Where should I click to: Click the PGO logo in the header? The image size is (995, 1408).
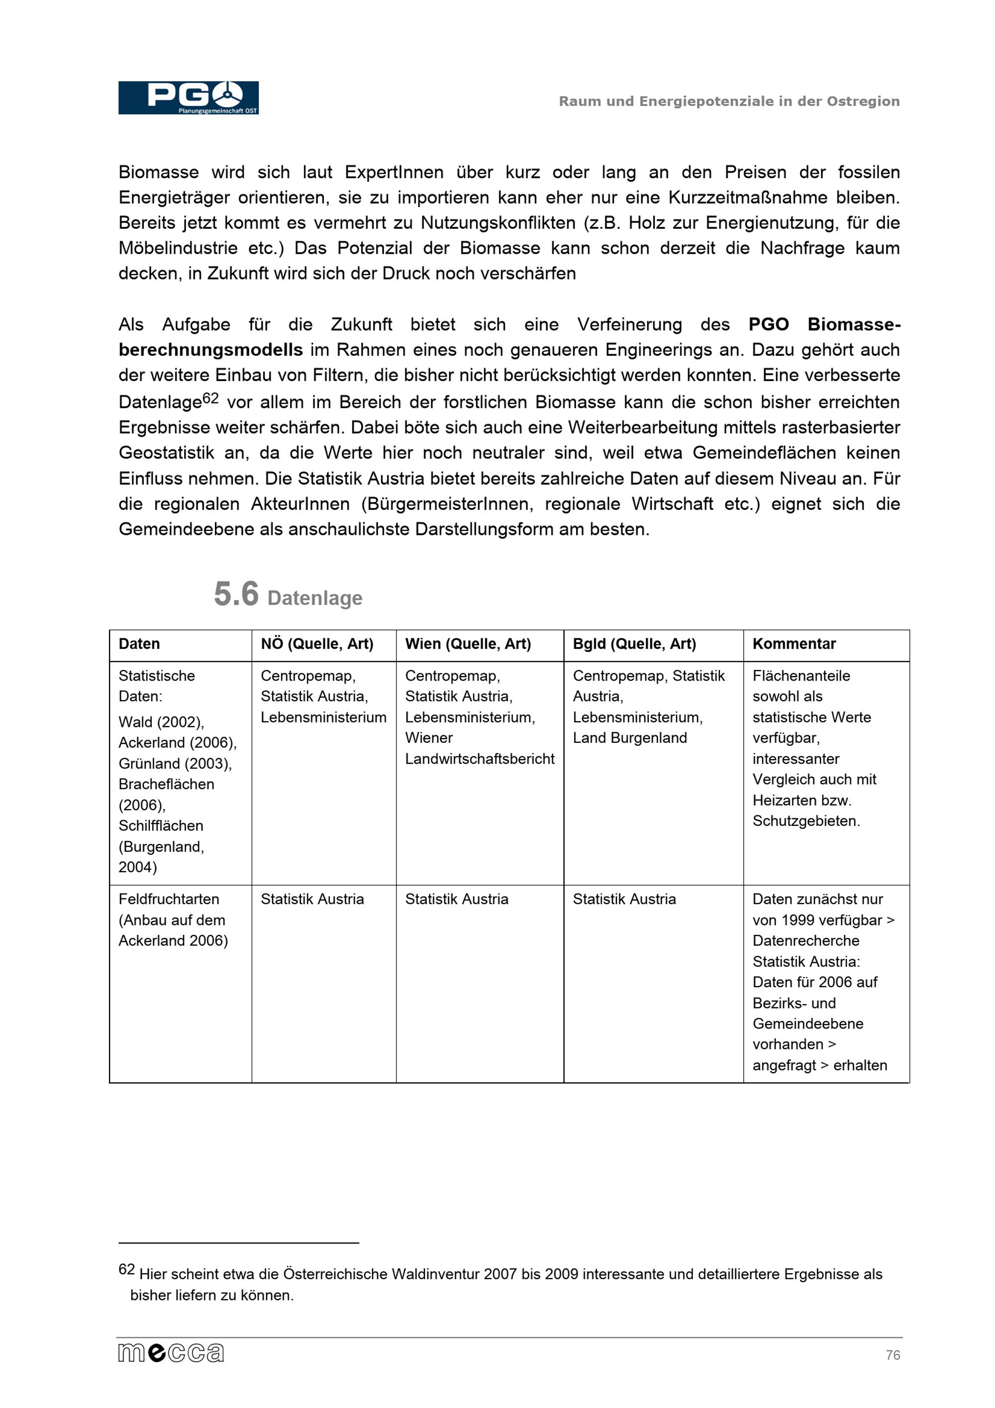(188, 98)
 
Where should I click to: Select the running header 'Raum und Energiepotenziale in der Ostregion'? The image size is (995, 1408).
(728, 101)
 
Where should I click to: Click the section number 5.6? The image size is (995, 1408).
(236, 594)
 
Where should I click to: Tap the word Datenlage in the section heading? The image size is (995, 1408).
(314, 598)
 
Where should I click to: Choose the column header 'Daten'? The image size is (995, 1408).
(139, 644)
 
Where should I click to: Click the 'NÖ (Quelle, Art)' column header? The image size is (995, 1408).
(317, 644)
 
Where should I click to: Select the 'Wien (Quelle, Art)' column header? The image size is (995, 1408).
(468, 644)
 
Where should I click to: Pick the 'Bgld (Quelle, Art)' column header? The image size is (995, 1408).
(634, 644)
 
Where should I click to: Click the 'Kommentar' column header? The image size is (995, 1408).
(794, 644)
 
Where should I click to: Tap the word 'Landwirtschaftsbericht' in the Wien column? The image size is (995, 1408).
(480, 759)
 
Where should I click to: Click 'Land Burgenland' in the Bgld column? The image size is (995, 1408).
(630, 738)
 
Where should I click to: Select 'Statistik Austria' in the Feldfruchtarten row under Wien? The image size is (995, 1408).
(457, 900)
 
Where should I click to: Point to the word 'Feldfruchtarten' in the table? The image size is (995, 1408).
(169, 900)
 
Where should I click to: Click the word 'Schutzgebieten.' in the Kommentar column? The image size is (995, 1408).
(805, 821)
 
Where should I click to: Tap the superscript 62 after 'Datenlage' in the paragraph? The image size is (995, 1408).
(210, 399)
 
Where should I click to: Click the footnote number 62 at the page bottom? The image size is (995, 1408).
(126, 1269)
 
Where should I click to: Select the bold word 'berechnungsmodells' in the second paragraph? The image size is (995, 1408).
(210, 350)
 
